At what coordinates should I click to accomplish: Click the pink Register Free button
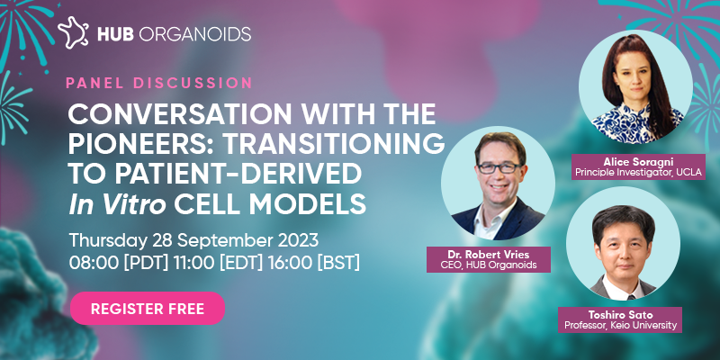[148, 309]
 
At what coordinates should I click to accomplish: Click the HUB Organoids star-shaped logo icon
[74, 32]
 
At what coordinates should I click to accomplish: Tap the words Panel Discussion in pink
[159, 83]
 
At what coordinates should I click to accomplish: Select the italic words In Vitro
[117, 203]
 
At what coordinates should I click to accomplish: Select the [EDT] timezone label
[242, 262]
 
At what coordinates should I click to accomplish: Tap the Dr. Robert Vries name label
[488, 255]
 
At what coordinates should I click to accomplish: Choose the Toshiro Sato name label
[620, 316]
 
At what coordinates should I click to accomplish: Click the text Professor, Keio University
[620, 326]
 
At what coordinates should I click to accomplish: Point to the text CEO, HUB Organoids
[488, 265]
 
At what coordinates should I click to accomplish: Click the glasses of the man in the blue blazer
[499, 167]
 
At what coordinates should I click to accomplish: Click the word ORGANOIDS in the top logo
[194, 33]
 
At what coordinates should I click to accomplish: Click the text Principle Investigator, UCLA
[638, 173]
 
